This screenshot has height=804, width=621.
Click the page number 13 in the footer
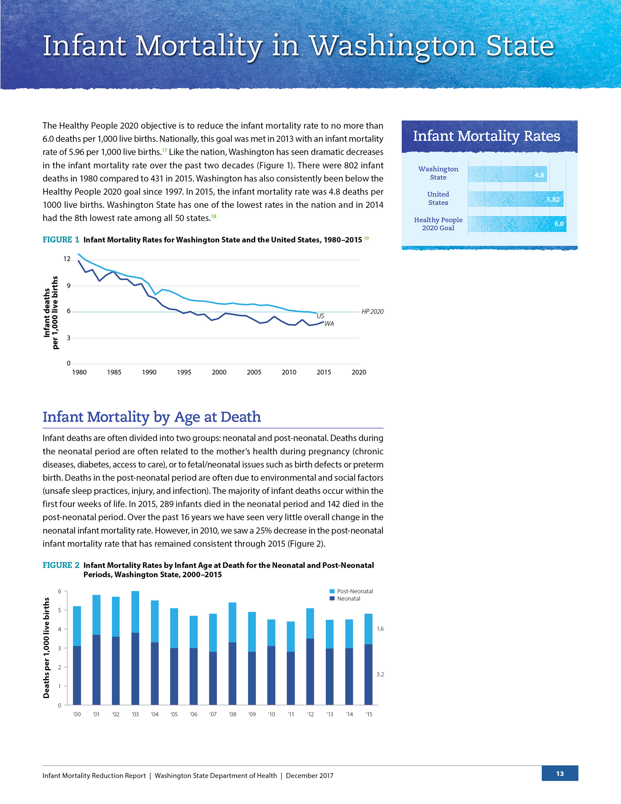click(560, 774)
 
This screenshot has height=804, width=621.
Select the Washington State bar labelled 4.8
click(507, 174)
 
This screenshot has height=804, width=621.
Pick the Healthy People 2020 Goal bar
click(517, 224)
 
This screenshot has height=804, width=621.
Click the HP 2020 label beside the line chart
click(372, 312)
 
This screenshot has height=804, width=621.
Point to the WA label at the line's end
click(329, 324)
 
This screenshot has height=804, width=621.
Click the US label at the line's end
click(320, 316)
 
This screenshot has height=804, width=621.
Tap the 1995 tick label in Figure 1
click(184, 372)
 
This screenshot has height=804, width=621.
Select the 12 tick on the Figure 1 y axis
click(67, 259)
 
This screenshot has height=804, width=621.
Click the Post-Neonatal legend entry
click(351, 591)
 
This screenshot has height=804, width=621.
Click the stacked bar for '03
click(135, 648)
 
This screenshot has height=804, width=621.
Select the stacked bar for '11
click(291, 663)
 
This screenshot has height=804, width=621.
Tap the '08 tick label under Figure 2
click(232, 714)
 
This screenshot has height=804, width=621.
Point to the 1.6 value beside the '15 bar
click(380, 629)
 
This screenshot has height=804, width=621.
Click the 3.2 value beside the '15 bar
click(380, 674)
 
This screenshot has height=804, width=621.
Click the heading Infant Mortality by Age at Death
click(152, 417)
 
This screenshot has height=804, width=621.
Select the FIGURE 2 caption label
click(61, 565)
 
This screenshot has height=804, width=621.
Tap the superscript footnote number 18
click(213, 216)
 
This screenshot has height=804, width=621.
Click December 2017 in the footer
click(310, 775)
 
